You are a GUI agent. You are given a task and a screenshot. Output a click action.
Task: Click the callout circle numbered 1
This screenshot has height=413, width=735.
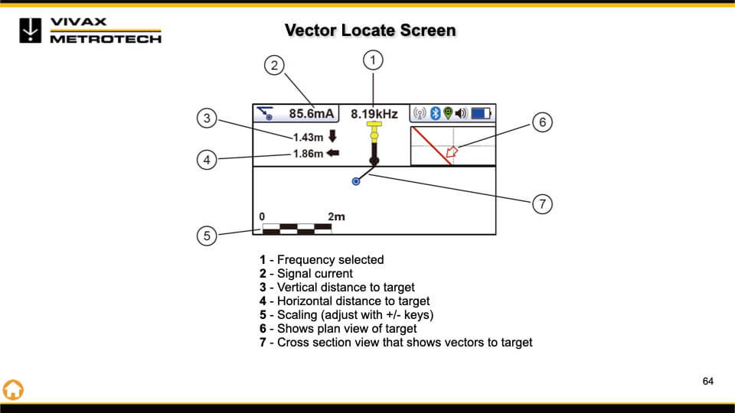[373, 59]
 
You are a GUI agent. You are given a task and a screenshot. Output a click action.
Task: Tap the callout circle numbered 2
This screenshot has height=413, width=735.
[275, 65]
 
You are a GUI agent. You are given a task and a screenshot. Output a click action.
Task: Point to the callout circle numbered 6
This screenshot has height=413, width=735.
[541, 122]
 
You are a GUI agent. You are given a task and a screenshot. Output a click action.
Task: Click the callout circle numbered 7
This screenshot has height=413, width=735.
[541, 203]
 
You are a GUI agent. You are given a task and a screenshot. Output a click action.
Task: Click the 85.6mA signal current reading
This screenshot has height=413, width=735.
[312, 114]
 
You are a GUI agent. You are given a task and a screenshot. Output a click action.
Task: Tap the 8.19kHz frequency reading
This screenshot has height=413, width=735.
[374, 114]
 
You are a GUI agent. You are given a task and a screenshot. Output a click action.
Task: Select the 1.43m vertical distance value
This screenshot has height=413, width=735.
[309, 138]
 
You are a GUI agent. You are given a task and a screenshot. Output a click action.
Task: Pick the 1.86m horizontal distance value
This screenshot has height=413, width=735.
[309, 154]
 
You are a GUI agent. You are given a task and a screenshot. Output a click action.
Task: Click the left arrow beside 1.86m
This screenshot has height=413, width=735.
[333, 154]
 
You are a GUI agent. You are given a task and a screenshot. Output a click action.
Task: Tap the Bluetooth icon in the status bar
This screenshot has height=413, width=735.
[433, 114]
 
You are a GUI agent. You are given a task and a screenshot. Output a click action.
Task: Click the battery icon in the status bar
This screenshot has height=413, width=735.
[480, 114]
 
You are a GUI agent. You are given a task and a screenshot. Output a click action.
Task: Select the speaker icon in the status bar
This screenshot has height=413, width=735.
[461, 114]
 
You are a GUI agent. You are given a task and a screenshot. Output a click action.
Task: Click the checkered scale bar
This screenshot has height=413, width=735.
[296, 227]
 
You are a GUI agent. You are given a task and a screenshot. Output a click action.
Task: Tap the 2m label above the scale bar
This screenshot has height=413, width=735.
[336, 216]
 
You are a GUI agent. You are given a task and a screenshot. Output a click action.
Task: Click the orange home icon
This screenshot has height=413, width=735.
[13, 389]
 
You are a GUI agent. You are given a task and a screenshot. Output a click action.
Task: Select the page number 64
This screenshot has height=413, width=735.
[708, 381]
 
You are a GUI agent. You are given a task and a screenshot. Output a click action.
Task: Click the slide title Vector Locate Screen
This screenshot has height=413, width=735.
[370, 31]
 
